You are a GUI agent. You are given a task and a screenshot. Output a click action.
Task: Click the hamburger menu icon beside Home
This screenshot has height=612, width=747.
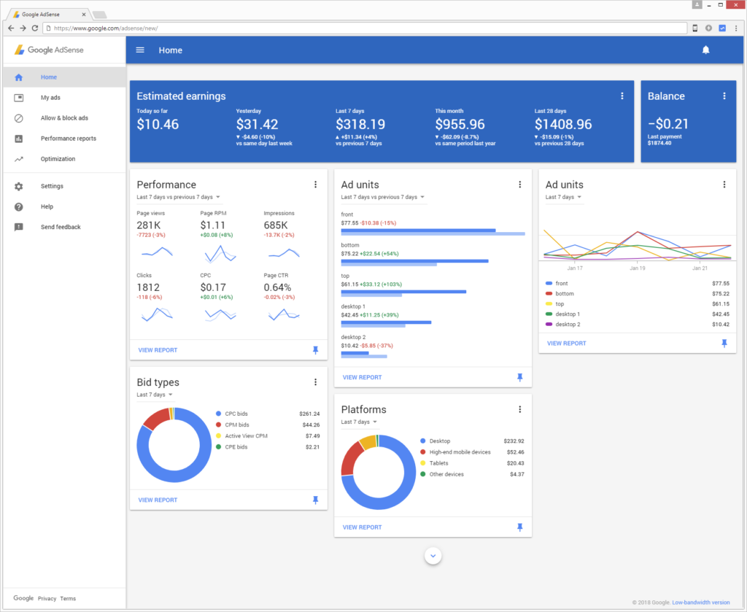[x=141, y=50]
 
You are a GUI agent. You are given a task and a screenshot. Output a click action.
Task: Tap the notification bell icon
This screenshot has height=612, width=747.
[x=705, y=50]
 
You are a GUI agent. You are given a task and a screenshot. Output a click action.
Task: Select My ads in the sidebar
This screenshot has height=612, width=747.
[x=50, y=98]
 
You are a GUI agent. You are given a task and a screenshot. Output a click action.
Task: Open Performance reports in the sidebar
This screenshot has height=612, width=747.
[x=68, y=139]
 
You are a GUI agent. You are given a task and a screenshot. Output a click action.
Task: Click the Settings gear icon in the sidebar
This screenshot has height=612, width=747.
[x=19, y=187]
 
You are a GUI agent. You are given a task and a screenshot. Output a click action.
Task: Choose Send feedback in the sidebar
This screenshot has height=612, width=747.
[x=60, y=228]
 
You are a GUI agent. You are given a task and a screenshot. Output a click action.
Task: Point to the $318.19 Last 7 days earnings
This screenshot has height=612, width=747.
[x=360, y=125]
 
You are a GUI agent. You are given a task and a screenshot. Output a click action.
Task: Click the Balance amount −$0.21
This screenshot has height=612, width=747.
[x=667, y=125]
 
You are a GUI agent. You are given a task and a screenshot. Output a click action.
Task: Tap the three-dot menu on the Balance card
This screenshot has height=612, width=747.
[x=724, y=96]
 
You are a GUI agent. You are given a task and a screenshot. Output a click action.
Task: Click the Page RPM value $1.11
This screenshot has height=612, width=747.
[x=213, y=225]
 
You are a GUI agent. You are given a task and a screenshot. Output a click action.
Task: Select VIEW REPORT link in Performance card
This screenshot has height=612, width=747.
[x=158, y=350]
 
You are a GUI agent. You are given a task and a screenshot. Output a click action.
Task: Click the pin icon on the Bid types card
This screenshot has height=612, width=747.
[x=315, y=500]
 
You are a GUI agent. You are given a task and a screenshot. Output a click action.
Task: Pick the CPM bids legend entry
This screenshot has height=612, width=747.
[x=238, y=425]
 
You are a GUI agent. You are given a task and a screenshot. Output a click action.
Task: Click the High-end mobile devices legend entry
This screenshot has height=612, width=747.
[x=460, y=452]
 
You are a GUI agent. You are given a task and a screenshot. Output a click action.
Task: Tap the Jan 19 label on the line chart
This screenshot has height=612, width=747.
[x=637, y=268]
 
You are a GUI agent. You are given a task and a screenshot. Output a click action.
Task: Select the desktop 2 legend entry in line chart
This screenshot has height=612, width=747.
[x=568, y=324]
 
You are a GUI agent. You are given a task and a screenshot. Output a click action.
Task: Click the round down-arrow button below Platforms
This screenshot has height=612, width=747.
[x=433, y=556]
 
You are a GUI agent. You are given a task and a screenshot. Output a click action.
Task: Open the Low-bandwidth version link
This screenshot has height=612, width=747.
[x=700, y=603]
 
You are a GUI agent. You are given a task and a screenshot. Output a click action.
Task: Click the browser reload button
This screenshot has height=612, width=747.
[x=34, y=28]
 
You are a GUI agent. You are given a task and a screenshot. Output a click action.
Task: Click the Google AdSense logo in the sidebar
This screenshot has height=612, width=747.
[x=50, y=50]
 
